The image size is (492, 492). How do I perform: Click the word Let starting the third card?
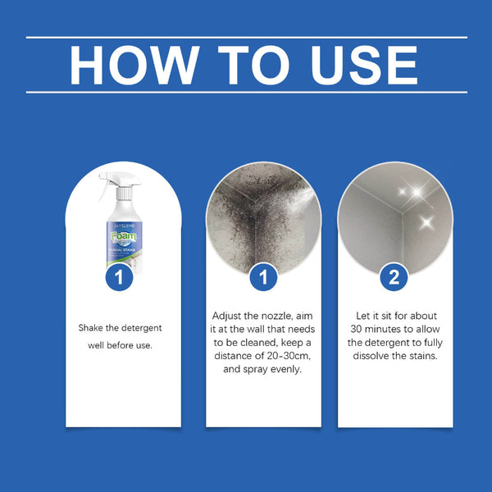pyautogui.click(x=364, y=316)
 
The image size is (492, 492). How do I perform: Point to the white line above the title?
pyautogui.click(x=246, y=37)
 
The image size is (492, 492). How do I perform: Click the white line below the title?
pyautogui.click(x=246, y=92)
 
